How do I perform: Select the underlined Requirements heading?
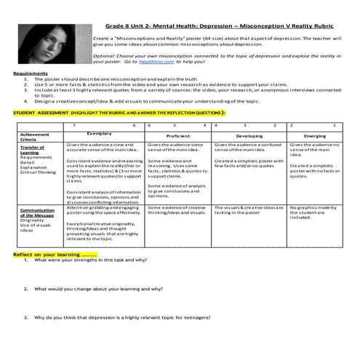[30, 73]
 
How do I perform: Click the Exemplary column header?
[99, 134]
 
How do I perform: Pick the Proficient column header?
[178, 135]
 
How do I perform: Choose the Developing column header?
[249, 135]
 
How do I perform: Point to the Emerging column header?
[314, 135]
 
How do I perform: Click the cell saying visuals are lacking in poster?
[247, 210]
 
